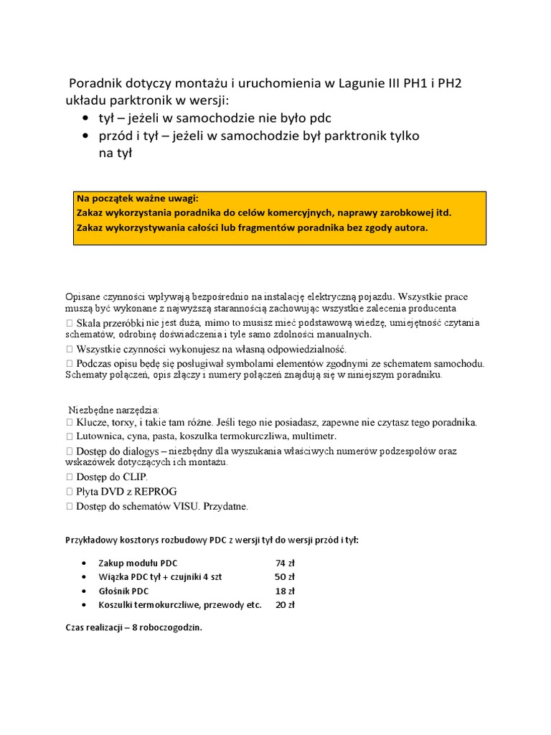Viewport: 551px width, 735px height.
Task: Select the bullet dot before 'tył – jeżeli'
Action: click(86, 118)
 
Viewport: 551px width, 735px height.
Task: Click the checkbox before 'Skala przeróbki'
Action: click(69, 323)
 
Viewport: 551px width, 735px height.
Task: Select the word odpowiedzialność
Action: click(301, 349)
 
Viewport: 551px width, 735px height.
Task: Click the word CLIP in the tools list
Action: click(134, 477)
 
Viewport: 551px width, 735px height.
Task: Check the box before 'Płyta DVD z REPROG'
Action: click(69, 492)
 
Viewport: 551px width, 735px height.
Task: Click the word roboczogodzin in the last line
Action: click(171, 627)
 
